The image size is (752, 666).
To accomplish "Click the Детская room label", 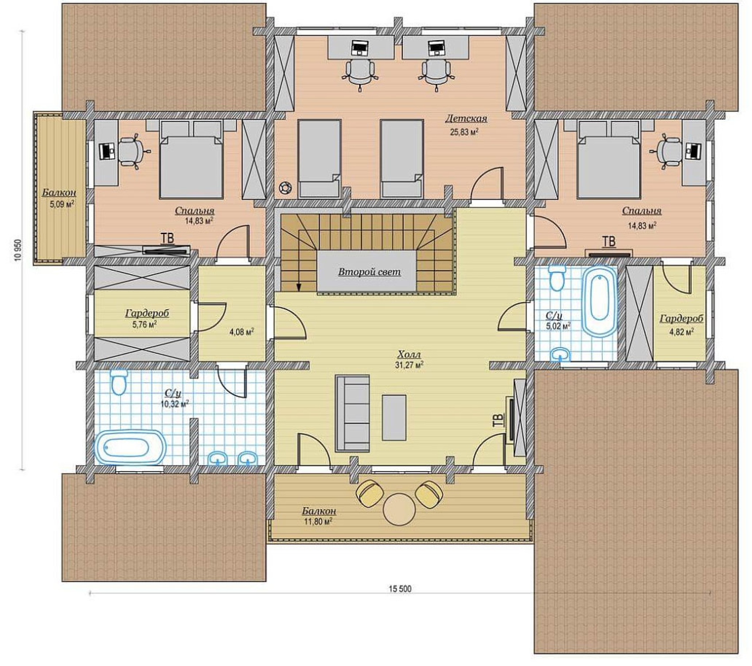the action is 466,118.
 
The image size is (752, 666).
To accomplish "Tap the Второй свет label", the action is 369,272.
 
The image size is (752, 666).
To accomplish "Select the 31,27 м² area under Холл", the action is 410,365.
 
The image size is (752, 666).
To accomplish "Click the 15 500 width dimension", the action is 400,589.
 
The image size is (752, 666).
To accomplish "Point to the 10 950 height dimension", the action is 18,250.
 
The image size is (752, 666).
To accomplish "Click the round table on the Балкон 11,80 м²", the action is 399,509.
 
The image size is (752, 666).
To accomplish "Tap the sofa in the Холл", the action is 352,413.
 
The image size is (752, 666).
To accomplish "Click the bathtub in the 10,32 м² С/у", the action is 130,447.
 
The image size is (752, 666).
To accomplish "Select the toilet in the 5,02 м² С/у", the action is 558,277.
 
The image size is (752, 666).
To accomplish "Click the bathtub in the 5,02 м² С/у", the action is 600,302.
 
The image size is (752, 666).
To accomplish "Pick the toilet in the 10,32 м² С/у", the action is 119,382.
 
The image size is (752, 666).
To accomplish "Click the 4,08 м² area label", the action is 241,332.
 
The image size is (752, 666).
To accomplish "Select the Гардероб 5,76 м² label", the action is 147,318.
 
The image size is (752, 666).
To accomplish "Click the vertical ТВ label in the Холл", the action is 497,420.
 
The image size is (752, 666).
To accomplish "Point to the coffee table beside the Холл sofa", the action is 394,417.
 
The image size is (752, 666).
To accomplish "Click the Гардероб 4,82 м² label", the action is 681,325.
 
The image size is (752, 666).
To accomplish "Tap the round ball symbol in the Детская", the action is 286,188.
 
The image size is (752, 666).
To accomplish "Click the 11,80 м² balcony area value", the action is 318,522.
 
